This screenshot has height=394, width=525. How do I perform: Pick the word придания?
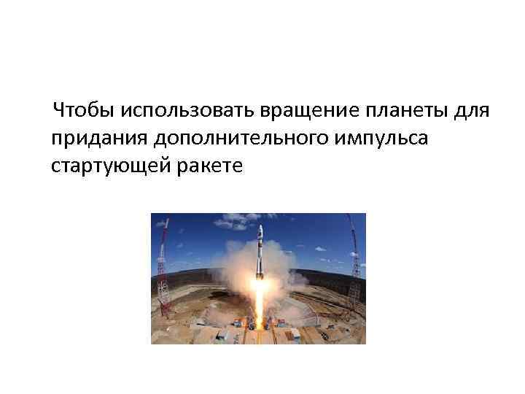pyautogui.click(x=93, y=139)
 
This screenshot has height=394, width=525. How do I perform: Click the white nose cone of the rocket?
pyautogui.click(x=259, y=232)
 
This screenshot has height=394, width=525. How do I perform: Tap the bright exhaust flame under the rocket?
pyautogui.click(x=259, y=306)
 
